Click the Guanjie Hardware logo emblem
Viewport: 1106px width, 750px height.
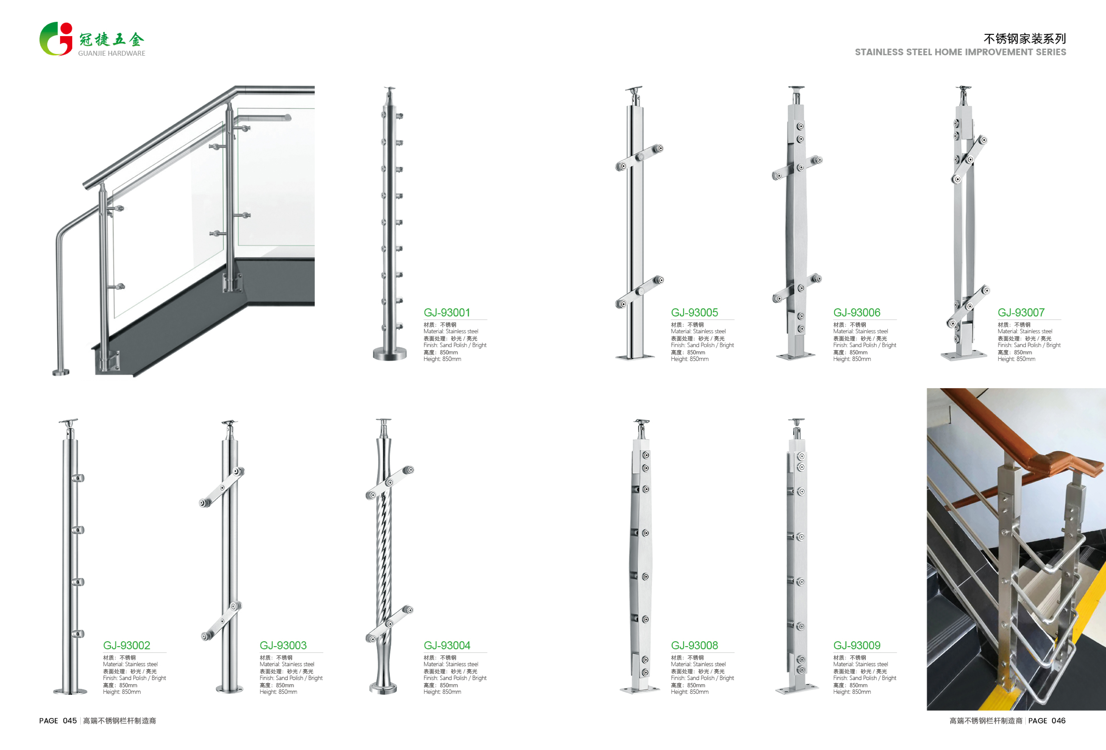tap(56, 39)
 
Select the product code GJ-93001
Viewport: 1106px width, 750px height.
tap(446, 313)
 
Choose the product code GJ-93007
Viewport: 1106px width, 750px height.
tap(1021, 313)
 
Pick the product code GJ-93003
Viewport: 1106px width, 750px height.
tap(283, 645)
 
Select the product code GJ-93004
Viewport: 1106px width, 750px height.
tap(446, 645)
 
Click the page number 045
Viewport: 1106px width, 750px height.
tap(69, 721)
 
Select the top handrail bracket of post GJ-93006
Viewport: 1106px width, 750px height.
tap(796, 89)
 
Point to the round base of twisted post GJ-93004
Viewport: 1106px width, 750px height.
tap(383, 688)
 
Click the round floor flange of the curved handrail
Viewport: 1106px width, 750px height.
tap(61, 372)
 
